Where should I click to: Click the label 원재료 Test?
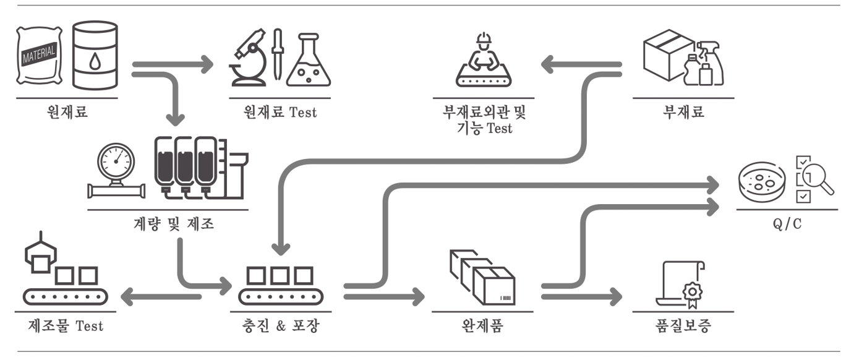point(280,113)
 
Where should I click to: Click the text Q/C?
point(787,224)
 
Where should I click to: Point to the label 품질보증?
point(683,326)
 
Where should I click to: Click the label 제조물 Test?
point(66,326)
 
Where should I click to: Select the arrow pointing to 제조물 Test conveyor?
point(161,297)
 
